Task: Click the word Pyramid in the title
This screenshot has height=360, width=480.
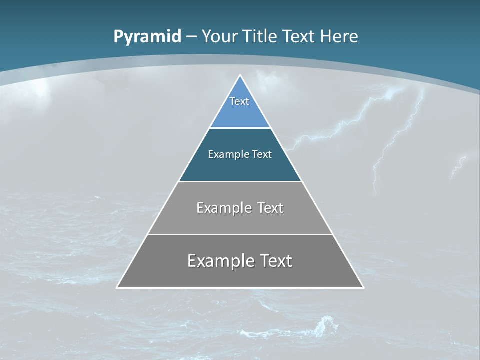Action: point(147,37)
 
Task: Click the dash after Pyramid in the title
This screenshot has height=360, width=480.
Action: point(192,37)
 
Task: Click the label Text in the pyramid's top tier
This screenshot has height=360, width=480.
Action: point(239,101)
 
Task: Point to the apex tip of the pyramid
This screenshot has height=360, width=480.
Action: point(240,76)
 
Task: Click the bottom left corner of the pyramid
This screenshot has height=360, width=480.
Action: point(117,287)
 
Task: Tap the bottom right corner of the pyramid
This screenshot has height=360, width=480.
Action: point(363,287)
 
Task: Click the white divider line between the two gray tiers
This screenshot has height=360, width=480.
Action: point(240,234)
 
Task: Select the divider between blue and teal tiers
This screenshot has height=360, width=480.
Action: point(240,128)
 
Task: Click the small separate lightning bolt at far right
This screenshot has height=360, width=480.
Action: point(458,167)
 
